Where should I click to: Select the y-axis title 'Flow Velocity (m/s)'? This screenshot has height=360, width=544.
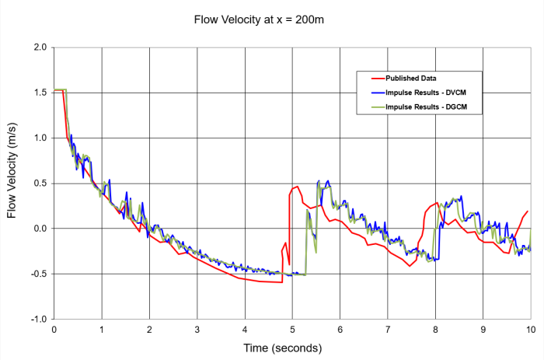click(x=12, y=183)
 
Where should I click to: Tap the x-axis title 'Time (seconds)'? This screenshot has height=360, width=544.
click(x=292, y=347)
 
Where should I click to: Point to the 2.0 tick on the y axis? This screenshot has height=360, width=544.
click(x=40, y=47)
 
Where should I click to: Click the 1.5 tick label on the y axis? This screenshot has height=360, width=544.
click(x=40, y=93)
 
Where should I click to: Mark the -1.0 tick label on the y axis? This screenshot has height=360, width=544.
click(x=38, y=319)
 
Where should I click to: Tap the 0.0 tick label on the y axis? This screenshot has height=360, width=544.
click(x=40, y=229)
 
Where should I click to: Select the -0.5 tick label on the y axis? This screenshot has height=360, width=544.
click(x=38, y=274)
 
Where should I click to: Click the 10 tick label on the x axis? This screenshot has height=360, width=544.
click(x=531, y=329)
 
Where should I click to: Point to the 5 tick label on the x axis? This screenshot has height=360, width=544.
click(x=292, y=329)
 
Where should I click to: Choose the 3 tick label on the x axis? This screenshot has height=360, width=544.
click(x=197, y=329)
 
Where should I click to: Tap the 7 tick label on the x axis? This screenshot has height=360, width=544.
click(x=388, y=329)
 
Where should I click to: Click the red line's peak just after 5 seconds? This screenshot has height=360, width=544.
click(x=298, y=187)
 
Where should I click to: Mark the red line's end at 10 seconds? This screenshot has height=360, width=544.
click(x=528, y=211)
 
